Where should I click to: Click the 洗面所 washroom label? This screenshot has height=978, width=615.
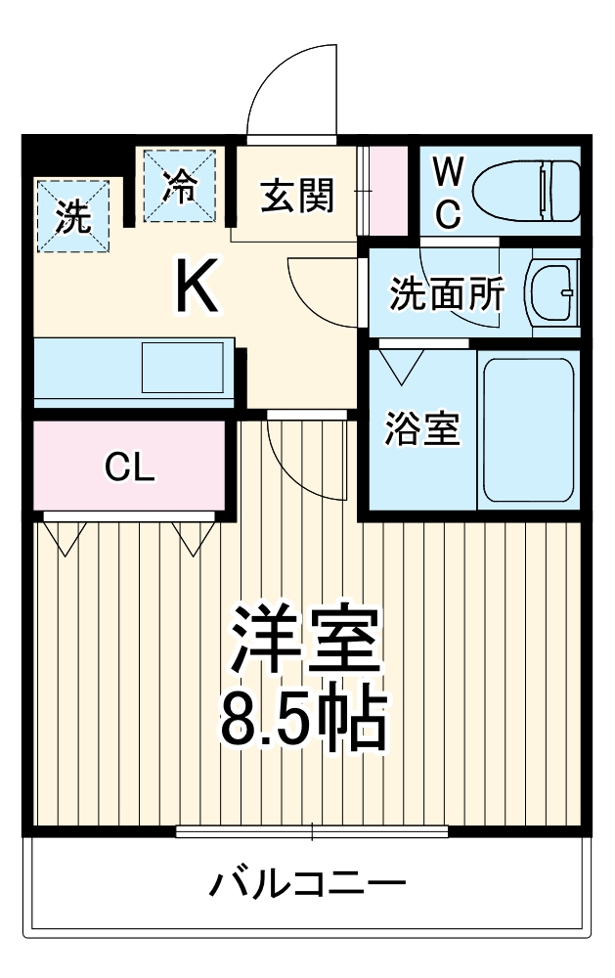coord(447,292)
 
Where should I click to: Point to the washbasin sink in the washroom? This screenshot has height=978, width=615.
coord(554,291)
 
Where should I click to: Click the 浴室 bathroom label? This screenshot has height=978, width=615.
coord(422,429)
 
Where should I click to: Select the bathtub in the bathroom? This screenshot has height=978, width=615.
coord(528,428)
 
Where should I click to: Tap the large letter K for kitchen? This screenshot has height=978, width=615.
coord(197,285)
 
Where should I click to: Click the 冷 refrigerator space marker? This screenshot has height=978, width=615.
coord(179,185)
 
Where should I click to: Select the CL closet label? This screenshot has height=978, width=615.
coord(130,470)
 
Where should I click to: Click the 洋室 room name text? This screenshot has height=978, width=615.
coord(303,639)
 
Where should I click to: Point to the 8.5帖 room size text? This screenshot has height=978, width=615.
coord(303,717)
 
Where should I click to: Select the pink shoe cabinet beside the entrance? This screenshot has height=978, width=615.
coord(386,191)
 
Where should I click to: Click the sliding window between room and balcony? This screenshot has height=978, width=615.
coord(312,832)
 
